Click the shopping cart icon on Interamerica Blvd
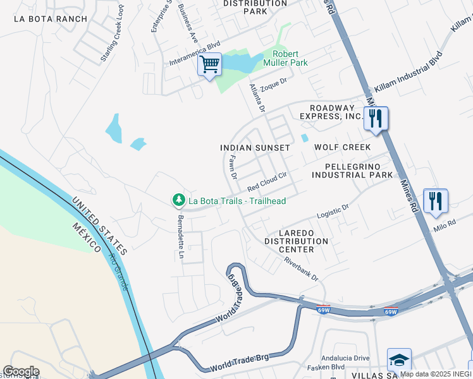(x=209, y=65)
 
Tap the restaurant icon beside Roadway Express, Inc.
(x=376, y=117)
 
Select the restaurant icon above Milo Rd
(x=435, y=201)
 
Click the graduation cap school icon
(x=399, y=360)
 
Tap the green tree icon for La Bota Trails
(x=179, y=200)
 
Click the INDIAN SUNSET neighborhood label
(x=255, y=147)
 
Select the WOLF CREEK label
(x=342, y=147)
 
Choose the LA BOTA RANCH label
(x=51, y=19)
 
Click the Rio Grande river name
(x=119, y=273)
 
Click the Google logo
(x=21, y=371)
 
